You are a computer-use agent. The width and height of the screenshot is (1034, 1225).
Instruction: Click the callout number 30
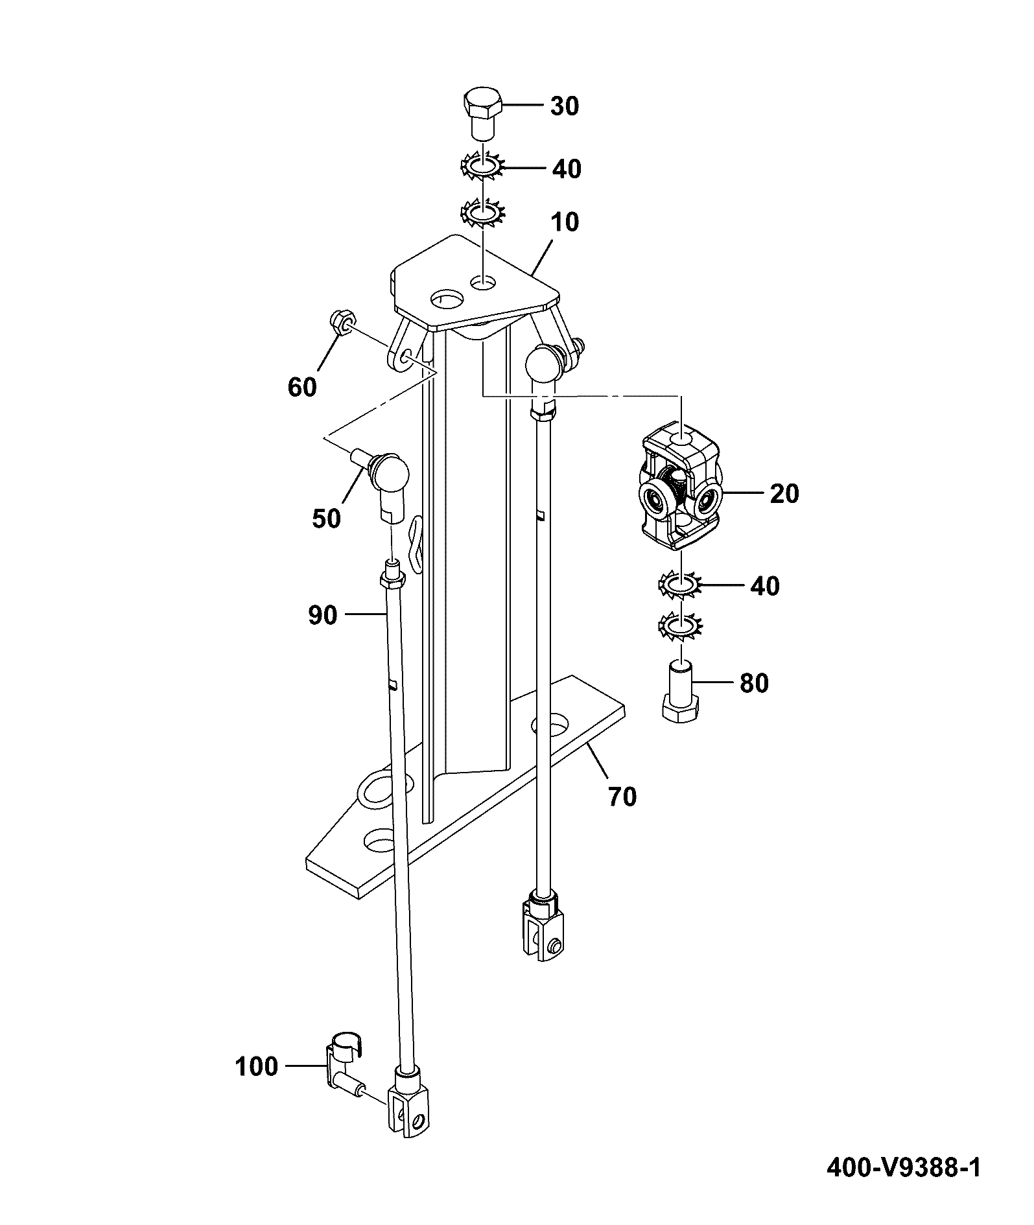(565, 106)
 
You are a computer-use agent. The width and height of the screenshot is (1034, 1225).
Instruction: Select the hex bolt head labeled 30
(482, 113)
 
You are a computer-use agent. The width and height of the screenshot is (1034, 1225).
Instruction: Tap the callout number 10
(564, 222)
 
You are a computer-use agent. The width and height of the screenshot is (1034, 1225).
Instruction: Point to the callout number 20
(784, 494)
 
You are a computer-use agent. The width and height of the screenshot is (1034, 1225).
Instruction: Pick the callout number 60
(302, 387)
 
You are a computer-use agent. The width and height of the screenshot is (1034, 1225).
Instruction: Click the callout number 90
(323, 615)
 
